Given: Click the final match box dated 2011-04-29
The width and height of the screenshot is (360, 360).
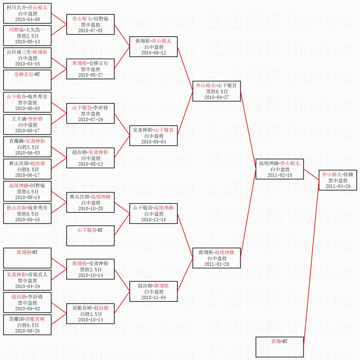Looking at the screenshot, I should coord(338,180).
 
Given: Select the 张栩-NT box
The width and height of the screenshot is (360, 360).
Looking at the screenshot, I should coord(280,347).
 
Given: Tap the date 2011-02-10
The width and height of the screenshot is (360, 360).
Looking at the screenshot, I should coord(280,175).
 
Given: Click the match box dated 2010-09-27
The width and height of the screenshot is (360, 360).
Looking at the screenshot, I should coord(216,91).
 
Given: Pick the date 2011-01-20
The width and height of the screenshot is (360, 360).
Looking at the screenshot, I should coord(216,264).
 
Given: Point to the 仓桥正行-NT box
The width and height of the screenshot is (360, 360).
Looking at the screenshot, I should coord(27,80).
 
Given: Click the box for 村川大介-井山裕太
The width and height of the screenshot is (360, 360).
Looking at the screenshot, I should coord(27,13).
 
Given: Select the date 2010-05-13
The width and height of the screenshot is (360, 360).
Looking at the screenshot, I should coord(27,42).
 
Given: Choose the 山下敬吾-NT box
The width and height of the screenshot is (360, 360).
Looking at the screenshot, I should coord(90,235).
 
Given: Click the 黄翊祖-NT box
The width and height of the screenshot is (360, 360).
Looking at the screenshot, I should coord(27,258).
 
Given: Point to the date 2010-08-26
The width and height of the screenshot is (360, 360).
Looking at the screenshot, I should coord(27,331).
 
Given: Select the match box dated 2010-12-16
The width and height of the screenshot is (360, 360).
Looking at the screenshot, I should coord(153,214).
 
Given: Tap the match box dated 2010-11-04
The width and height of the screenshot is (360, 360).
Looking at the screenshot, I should coord(153,291).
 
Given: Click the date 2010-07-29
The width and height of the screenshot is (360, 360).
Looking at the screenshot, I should coord(90,120).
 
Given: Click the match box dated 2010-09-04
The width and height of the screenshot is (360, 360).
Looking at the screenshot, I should coord(153,136).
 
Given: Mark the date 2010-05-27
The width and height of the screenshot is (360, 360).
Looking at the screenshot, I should coord(90,75).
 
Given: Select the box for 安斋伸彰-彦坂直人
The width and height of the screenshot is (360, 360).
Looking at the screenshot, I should coord(27,280).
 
